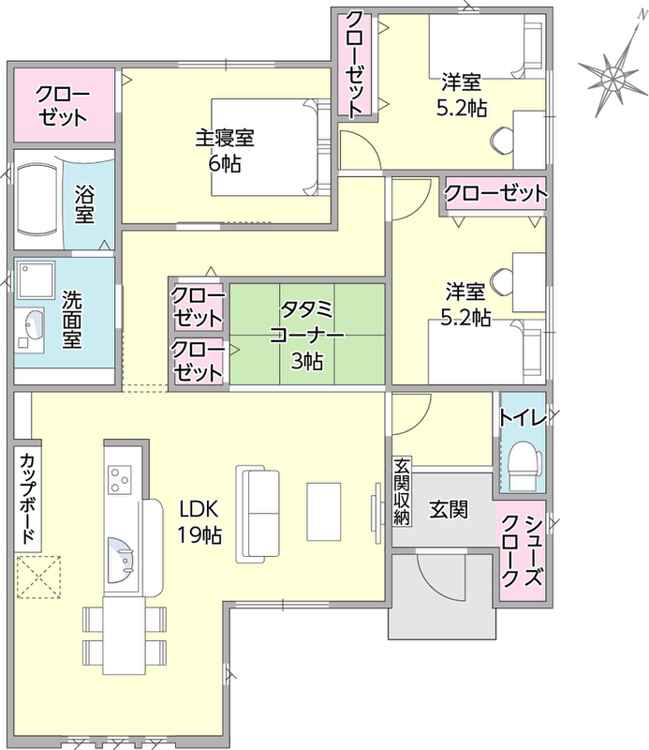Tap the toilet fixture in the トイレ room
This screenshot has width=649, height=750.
point(524,464)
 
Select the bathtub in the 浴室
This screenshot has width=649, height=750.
point(39,199)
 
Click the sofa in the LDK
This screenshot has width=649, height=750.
point(258,514)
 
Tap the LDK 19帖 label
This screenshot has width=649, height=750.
point(199,522)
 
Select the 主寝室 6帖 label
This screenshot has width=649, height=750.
point(225,151)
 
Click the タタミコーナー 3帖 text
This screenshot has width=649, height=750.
point(307,335)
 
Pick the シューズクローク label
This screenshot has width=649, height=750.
point(522,551)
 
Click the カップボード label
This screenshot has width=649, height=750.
point(27,498)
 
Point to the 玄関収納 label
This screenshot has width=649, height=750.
point(402,490)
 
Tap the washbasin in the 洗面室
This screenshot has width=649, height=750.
point(32,323)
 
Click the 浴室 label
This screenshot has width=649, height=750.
point(84,204)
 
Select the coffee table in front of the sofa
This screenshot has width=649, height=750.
point(323,511)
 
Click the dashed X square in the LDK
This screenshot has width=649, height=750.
point(38,577)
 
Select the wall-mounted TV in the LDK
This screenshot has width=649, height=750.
point(376,513)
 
